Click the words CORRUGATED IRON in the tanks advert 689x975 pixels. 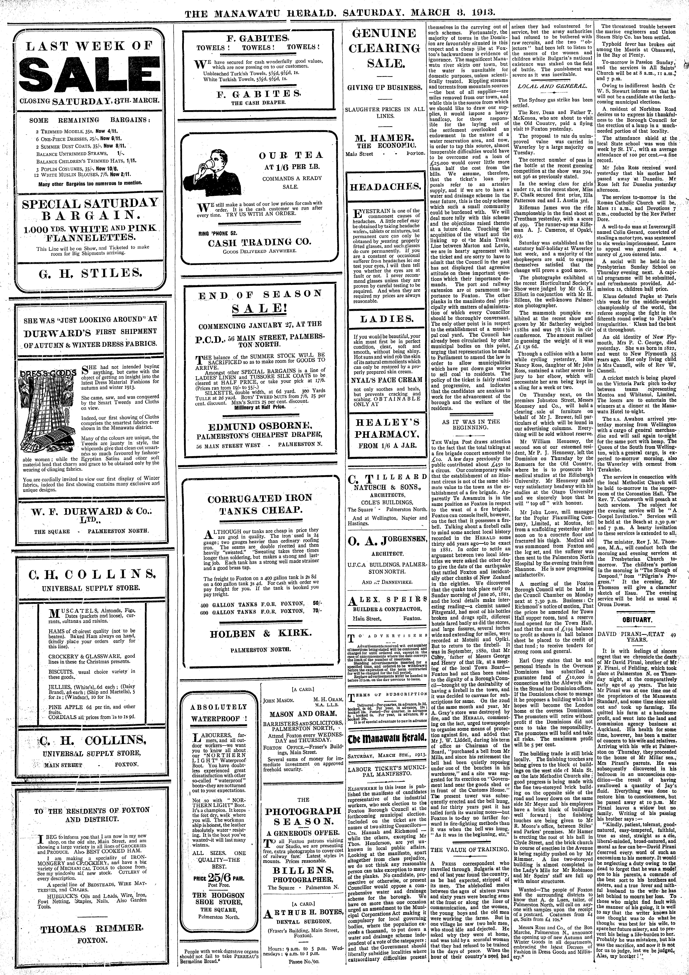(x=260, y=498)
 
